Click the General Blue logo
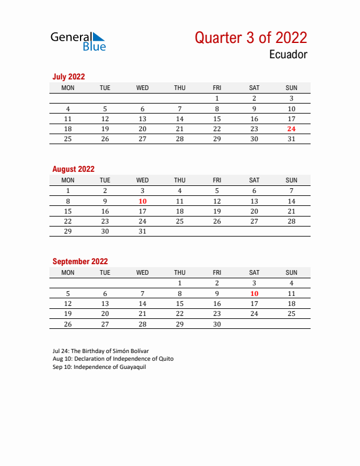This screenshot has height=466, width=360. click(x=78, y=41)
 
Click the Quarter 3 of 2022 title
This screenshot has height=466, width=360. click(x=251, y=38)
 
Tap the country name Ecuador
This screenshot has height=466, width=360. click(x=288, y=55)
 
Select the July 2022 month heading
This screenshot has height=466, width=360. click(x=69, y=76)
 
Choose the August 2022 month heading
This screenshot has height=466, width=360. click(x=74, y=169)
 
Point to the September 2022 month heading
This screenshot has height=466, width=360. click(x=80, y=261)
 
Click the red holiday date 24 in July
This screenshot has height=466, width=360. click(x=291, y=129)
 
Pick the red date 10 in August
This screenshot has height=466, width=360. click(x=142, y=201)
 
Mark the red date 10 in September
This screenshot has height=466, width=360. click(x=254, y=293)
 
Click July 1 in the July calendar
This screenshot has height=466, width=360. click(x=217, y=99)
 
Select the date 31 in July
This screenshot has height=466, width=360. click(x=291, y=139)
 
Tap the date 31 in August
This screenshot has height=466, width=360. click(x=142, y=231)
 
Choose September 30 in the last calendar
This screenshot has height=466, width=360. click(x=217, y=324)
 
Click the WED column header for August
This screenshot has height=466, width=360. click(x=142, y=180)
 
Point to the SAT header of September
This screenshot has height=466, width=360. click(x=254, y=272)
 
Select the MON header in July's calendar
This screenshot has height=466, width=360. click(x=68, y=88)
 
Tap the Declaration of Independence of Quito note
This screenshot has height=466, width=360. click(x=113, y=359)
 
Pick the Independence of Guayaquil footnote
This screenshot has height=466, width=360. click(x=99, y=367)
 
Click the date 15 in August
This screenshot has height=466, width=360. click(x=68, y=211)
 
